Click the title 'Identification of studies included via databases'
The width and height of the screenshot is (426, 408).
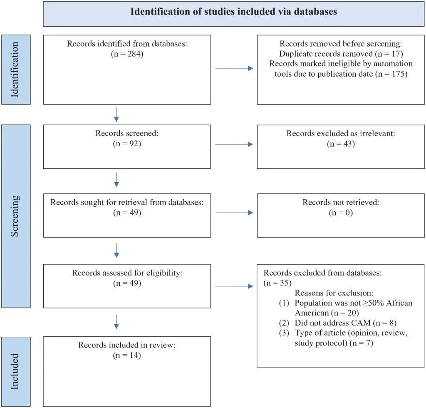coord(234,11)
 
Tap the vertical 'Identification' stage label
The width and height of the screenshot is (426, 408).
coord(15,70)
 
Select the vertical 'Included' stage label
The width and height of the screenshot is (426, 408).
coord(15,371)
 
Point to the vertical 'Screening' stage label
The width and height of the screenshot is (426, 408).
coord(15,216)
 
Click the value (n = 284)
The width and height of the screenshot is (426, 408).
coord(127,54)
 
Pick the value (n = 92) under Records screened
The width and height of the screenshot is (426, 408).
coord(127,143)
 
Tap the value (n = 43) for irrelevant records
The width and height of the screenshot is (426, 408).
coord(341,144)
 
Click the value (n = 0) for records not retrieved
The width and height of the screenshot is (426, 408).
coord(341,213)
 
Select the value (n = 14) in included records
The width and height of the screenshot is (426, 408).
coord(127,355)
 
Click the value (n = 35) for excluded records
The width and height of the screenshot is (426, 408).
coord(277,283)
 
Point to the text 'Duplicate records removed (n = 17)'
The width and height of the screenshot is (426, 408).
coord(341,54)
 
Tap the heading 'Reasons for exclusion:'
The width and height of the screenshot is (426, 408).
coord(334,293)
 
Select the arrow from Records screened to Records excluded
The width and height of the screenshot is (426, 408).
coord(234,144)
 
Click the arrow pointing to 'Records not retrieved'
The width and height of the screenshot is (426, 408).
coord(234,213)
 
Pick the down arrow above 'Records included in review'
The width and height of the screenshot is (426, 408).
coord(116,322)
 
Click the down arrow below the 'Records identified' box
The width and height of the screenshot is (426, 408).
coord(116,115)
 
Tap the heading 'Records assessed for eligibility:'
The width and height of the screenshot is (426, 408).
coord(127,273)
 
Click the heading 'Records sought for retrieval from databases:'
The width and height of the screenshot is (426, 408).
coord(127,202)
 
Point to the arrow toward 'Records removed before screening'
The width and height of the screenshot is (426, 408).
coord(234,68)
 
